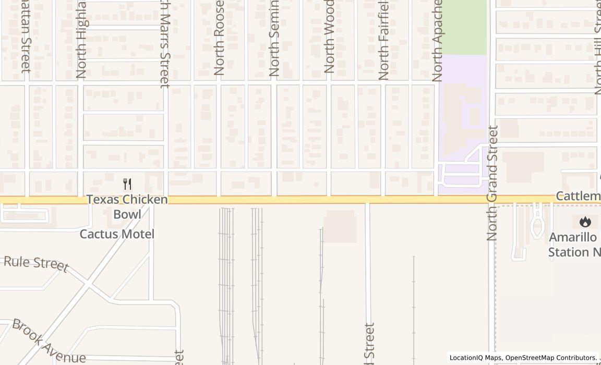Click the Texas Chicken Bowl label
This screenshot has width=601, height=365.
(x=127, y=206)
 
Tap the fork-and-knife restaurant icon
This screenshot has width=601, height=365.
(x=127, y=184)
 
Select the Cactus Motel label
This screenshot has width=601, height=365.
(x=117, y=234)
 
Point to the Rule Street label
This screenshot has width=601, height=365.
(x=35, y=263)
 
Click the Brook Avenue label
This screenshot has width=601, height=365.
(x=49, y=342)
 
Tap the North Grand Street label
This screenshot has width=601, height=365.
(x=492, y=182)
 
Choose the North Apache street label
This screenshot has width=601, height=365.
(x=438, y=41)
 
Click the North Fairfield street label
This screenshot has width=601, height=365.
(x=383, y=41)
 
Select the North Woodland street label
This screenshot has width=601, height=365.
(x=329, y=36)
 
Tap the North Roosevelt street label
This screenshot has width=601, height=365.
(x=219, y=38)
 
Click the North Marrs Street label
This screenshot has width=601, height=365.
(x=165, y=44)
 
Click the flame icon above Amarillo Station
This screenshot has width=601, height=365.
(x=585, y=222)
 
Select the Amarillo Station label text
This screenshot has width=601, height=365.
(x=572, y=245)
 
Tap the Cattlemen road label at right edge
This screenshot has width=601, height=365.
(x=578, y=196)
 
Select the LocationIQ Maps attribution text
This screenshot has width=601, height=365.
(x=476, y=358)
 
